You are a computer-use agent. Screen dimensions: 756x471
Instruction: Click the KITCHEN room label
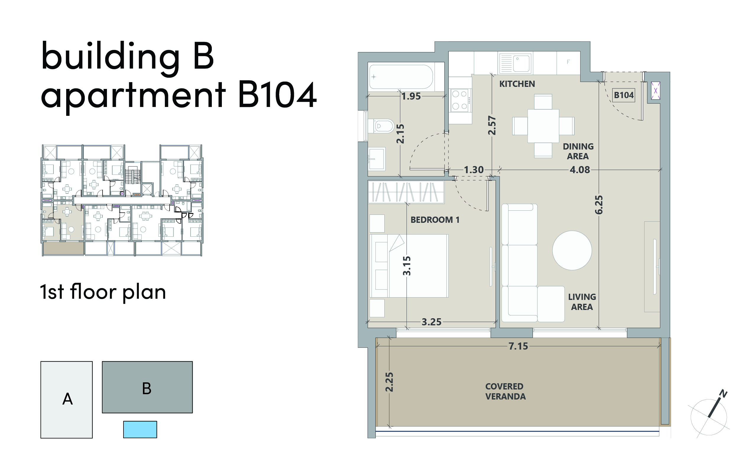pyautogui.click(x=517, y=84)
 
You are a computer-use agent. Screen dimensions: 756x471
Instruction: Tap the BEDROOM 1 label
pyautogui.click(x=435, y=220)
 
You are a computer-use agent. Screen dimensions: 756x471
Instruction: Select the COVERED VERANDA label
pyautogui.click(x=505, y=391)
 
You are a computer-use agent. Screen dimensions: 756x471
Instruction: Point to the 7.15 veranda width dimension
pyautogui.click(x=518, y=346)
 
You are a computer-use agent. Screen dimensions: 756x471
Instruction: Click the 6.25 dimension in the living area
pyautogui.click(x=599, y=205)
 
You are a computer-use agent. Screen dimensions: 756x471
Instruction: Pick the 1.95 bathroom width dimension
pyautogui.click(x=411, y=96)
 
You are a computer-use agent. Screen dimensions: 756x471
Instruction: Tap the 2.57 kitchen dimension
pyautogui.click(x=492, y=125)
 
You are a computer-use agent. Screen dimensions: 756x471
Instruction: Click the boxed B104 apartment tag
pyautogui.click(x=623, y=95)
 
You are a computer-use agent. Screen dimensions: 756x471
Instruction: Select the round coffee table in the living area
pyautogui.click(x=572, y=250)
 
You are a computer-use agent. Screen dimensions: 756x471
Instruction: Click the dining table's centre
pyautogui.click(x=543, y=126)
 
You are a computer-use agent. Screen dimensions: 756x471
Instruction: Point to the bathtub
pyautogui.click(x=401, y=77)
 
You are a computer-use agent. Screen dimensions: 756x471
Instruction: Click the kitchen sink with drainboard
pyautogui.click(x=515, y=63)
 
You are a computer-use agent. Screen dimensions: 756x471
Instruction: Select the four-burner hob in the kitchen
pyautogui.click(x=460, y=100)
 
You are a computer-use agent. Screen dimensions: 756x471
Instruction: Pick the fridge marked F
pyautogui.click(x=568, y=63)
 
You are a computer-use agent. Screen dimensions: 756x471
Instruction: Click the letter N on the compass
pyautogui.click(x=723, y=394)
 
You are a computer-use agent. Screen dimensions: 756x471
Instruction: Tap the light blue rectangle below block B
pyautogui.click(x=140, y=430)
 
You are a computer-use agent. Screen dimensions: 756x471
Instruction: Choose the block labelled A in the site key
pyautogui.click(x=67, y=400)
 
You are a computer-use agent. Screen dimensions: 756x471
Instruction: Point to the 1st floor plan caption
pyautogui.click(x=103, y=292)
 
